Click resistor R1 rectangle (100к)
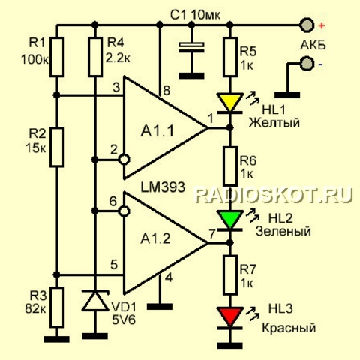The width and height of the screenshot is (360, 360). tap(57, 57)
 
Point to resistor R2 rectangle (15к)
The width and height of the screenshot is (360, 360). tap(57, 147)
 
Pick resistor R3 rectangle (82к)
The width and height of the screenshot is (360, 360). tap(57, 307)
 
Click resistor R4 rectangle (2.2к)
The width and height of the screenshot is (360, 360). tap(95, 57)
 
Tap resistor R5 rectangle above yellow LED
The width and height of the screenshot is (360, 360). tap(230, 57)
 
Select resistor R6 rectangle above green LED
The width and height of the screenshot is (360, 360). tap(230, 166)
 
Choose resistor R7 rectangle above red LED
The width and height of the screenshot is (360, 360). tap(230, 274)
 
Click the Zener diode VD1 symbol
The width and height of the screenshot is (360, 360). tap(95, 301)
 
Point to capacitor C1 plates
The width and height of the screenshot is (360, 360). tap(192, 47)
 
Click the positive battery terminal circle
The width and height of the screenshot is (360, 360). tap(307, 25)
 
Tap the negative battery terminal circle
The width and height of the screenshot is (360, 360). tap(307, 64)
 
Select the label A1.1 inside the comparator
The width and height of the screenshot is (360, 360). tap(157, 131)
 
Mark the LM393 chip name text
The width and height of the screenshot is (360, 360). tap(163, 187)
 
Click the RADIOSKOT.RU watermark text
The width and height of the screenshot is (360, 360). tap(274, 195)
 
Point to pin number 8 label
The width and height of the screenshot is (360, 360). tap(166, 90)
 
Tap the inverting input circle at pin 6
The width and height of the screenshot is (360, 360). tap(124, 211)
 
